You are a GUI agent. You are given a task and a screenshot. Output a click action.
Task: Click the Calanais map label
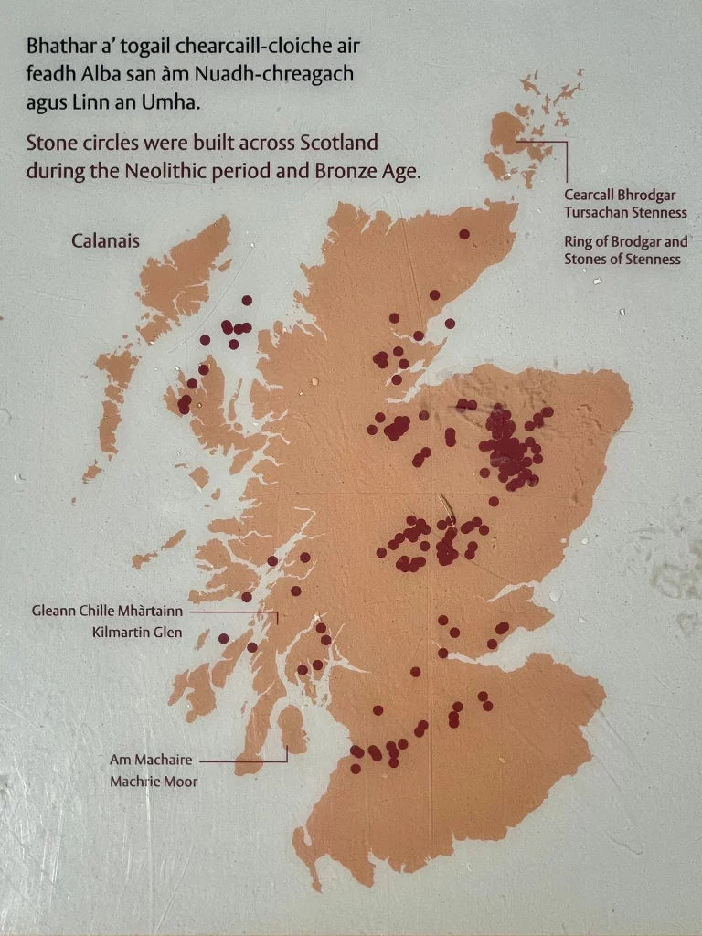[105, 241]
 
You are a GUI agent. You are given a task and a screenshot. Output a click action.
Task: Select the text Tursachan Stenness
[625, 213]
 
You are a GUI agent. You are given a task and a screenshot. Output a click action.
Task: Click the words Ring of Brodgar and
[625, 242]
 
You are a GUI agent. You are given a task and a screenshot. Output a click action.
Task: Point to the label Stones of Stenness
[622, 260]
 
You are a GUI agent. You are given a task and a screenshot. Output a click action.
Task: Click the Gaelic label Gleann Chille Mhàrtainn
[110, 611]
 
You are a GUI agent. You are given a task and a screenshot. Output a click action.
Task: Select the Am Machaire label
[151, 760]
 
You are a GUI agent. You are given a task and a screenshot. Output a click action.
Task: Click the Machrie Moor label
[153, 782]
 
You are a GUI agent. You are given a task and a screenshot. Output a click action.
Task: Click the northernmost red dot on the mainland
[464, 234]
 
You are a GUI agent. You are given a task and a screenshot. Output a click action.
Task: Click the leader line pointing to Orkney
[567, 160]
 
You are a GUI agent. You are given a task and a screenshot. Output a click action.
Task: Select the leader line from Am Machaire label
[242, 760]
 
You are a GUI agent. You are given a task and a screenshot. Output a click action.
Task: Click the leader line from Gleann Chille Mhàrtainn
[233, 611]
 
